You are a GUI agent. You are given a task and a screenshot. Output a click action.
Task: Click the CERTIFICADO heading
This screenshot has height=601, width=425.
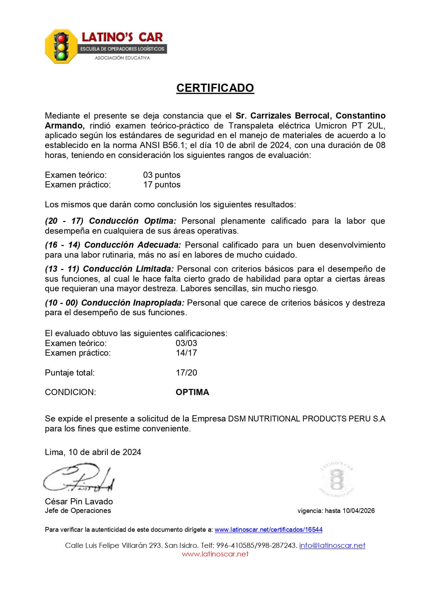click(x=215, y=88)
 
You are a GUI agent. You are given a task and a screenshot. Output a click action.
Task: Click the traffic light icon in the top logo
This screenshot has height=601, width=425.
click(x=62, y=46)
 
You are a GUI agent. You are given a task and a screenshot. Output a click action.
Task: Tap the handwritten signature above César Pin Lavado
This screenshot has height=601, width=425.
click(x=78, y=478)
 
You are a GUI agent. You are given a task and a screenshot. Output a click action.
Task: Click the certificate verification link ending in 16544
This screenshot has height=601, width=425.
click(x=268, y=529)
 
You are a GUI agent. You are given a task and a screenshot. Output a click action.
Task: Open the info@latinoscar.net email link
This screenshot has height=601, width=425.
click(x=332, y=545)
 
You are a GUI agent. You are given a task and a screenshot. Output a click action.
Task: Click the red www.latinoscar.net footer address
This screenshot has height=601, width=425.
click(x=215, y=554)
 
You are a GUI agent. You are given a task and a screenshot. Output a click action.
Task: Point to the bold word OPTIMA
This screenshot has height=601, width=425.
click(x=192, y=392)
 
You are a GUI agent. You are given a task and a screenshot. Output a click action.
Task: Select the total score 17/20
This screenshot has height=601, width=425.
click(x=186, y=373)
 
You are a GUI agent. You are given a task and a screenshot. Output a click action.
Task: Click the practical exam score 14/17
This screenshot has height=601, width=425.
click(x=186, y=353)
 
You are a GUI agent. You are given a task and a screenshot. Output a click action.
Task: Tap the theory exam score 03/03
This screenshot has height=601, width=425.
click(x=186, y=343)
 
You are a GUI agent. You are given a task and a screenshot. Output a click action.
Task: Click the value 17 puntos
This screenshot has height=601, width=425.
click(x=162, y=185)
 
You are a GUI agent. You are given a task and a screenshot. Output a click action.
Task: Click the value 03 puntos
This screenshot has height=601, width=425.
click(x=162, y=175)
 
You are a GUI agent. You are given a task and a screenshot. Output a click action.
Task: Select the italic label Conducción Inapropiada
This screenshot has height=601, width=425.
click(x=133, y=303)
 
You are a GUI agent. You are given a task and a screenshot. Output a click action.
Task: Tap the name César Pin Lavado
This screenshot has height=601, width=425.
click(x=79, y=502)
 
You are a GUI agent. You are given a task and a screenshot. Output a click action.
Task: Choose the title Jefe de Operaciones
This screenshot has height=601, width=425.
click(x=78, y=511)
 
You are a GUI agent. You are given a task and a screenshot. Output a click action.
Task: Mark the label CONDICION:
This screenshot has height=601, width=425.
click(x=70, y=392)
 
